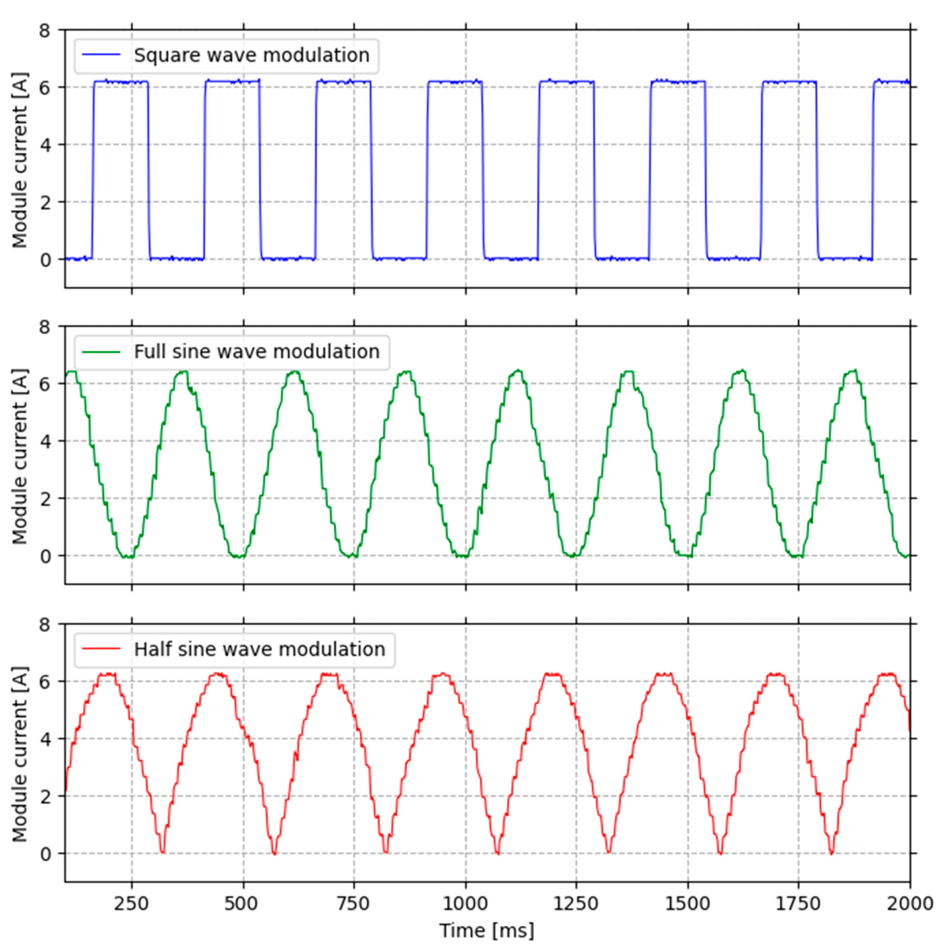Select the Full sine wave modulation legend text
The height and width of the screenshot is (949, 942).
click(257, 352)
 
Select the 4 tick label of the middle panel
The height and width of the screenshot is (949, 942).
click(45, 441)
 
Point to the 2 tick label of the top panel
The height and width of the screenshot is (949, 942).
click(45, 202)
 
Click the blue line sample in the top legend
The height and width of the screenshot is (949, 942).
click(101, 55)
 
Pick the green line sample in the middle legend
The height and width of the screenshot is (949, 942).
click(101, 352)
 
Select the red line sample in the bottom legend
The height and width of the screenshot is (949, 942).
click(101, 649)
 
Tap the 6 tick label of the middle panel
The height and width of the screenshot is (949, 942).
click(45, 384)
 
